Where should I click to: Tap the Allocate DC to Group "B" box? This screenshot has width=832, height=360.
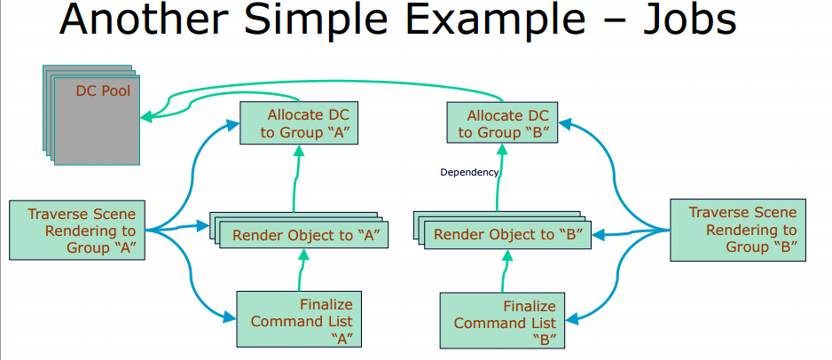click(x=503, y=124)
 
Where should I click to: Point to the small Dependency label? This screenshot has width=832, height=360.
click(x=469, y=172)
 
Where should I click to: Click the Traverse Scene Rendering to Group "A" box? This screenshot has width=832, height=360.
click(x=77, y=231)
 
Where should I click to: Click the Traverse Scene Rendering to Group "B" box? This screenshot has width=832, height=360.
click(x=737, y=231)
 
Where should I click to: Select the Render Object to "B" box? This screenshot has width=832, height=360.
click(x=506, y=235)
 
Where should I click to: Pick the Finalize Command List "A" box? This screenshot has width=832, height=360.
click(x=301, y=319)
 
